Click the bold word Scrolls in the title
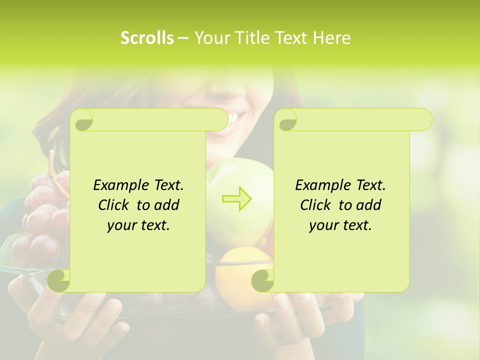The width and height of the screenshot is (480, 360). click(147, 38)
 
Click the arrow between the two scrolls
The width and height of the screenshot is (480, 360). click(237, 198)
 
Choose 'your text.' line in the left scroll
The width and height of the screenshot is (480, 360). click(138, 225)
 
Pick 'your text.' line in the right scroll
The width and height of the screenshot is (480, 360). click(340, 225)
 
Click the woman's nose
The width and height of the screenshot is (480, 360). click(225, 85)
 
